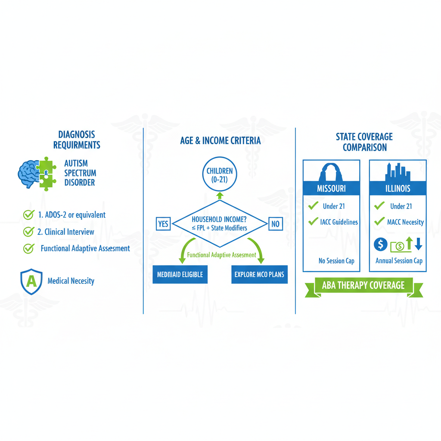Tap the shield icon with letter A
(x=31, y=281)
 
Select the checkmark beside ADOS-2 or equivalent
(x=28, y=214)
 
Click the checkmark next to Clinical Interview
(x=28, y=232)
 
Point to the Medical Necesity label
(x=71, y=281)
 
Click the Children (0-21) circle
(x=220, y=175)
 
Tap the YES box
(x=164, y=224)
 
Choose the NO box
(x=275, y=224)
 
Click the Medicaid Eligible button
(x=180, y=274)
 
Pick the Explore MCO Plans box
(x=259, y=274)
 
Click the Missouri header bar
(x=331, y=189)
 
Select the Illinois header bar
(x=398, y=189)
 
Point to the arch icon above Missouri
(x=331, y=172)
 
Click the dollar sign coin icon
(x=380, y=245)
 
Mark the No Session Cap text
(x=336, y=261)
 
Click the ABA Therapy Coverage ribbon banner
(x=363, y=286)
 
